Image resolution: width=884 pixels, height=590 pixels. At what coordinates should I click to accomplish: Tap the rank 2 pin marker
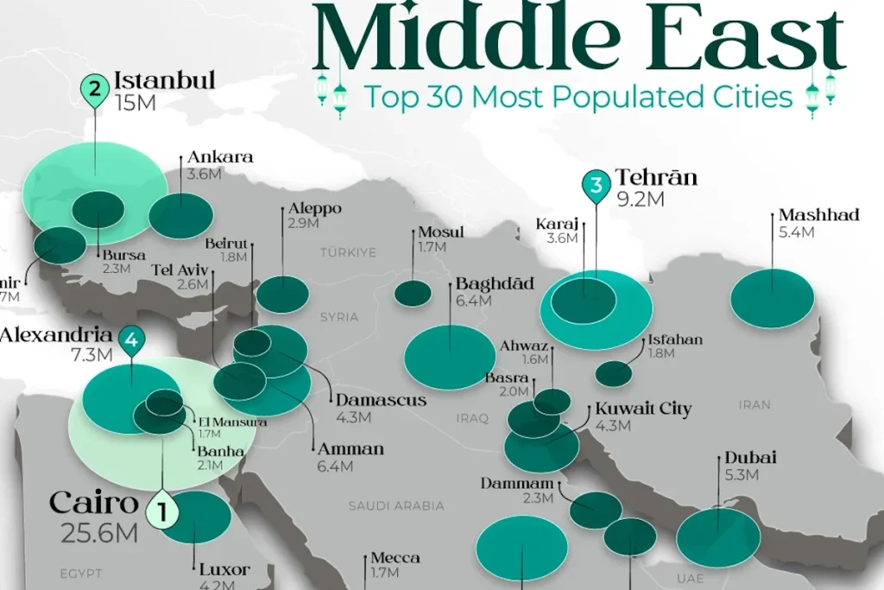[93, 88]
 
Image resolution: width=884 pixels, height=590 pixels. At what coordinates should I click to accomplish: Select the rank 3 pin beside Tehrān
[595, 185]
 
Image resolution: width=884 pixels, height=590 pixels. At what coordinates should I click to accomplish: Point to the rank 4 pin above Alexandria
[131, 341]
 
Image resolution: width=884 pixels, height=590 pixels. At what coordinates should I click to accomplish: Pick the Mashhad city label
[818, 215]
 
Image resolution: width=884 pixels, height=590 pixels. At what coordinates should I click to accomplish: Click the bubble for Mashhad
[772, 299]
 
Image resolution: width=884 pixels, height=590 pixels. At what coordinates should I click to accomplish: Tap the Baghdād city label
[495, 284]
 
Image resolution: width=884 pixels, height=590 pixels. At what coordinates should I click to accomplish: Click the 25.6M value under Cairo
[99, 533]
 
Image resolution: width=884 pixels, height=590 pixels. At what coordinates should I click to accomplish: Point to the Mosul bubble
[413, 294]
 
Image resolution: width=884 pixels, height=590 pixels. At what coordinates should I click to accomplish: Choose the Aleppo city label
[316, 209]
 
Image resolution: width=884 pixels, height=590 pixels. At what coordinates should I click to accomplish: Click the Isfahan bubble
[614, 373]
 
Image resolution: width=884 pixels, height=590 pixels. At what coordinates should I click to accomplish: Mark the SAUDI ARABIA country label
[396, 505]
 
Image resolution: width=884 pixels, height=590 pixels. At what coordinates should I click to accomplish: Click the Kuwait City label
[643, 409]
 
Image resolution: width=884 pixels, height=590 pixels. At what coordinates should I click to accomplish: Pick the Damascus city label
[381, 400]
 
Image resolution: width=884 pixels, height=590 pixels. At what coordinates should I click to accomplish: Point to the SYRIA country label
[339, 317]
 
